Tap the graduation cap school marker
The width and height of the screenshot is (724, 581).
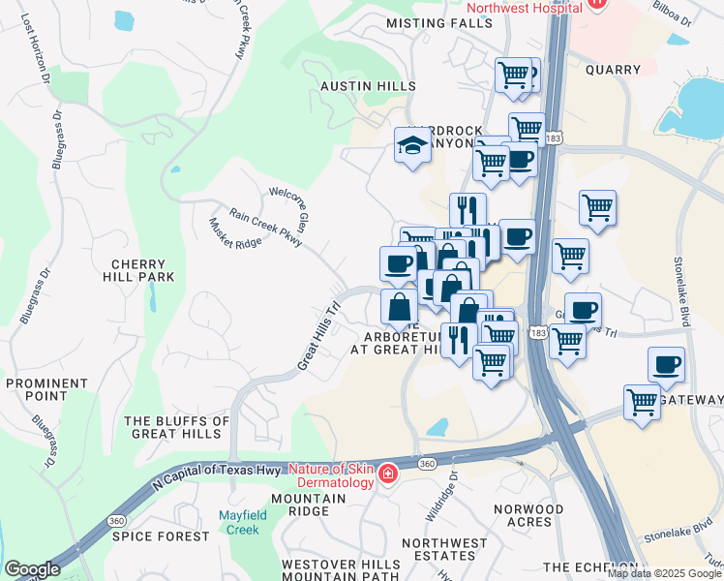[412, 147]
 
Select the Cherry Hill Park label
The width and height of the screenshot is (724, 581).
[142, 270]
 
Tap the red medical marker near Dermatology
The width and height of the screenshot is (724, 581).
[387, 474]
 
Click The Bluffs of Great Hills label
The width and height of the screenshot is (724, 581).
[177, 428]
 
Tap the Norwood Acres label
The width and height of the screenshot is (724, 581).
[528, 515]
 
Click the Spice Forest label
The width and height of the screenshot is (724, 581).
[148, 535]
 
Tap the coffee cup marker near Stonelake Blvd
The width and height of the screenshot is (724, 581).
[666, 365]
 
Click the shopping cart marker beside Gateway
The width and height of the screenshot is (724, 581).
[643, 402]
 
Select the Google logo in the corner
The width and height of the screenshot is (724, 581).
[32, 569]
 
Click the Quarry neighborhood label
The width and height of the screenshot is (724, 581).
[613, 70]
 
